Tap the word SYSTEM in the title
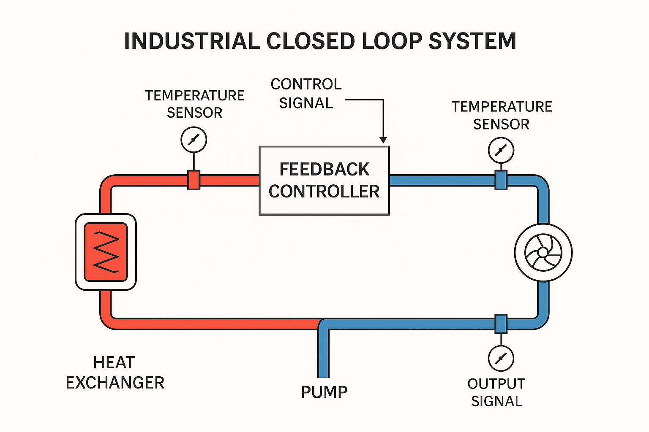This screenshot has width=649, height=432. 472,41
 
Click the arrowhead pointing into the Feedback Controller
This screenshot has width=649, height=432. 383,140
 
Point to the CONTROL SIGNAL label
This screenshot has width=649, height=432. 306,93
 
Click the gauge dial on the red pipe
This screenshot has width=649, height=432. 194,140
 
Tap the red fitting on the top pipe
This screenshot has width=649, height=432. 194,180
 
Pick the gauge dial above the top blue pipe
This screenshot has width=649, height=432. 501,150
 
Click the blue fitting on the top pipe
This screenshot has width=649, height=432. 501,180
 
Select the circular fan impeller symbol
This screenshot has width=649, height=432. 543,252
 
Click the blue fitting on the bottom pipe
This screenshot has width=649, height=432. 501,324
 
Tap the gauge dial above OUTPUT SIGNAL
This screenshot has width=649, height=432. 501,358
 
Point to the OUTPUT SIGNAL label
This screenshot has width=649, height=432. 496,392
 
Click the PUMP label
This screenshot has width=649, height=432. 324,392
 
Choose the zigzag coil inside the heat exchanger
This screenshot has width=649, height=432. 106,252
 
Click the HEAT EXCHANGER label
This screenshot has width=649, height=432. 115,373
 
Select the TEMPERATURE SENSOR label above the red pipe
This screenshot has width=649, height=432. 195,104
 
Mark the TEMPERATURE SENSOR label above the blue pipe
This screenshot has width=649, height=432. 502,115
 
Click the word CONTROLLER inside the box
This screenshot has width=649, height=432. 324,192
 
